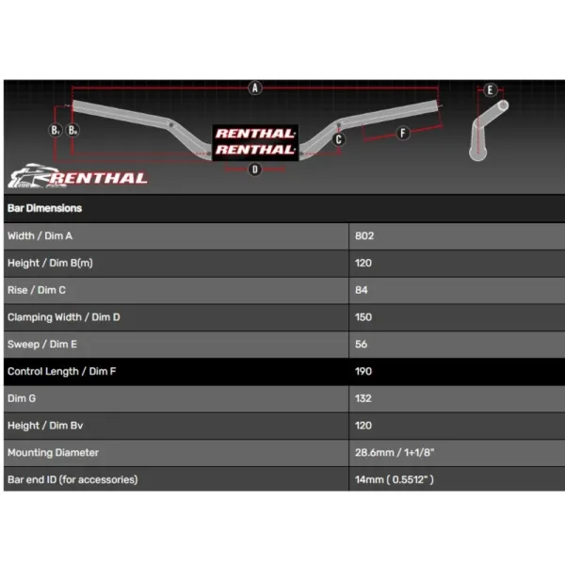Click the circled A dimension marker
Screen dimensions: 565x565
[x=255, y=88]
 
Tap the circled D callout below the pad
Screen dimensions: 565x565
[x=255, y=169]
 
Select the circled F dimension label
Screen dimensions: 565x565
[x=402, y=133]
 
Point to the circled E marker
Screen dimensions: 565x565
[x=490, y=89]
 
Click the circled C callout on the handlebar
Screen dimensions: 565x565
[x=338, y=139]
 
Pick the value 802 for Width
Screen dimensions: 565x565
[x=364, y=236]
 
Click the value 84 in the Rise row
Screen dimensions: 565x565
[x=362, y=290]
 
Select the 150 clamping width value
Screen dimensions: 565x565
[x=363, y=317]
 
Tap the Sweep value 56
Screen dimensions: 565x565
[x=361, y=344]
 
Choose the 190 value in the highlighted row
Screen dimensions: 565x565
[x=363, y=371]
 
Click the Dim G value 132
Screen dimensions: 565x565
[x=363, y=398]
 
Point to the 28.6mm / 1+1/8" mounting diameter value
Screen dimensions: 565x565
[x=395, y=453]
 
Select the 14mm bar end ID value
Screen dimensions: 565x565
[x=395, y=479]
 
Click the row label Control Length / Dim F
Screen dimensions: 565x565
[x=61, y=372]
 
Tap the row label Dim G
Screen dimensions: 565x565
[x=22, y=398]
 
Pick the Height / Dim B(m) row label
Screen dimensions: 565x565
[x=50, y=263]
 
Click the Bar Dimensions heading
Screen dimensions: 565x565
[x=44, y=208]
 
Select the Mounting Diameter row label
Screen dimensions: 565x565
[x=53, y=453]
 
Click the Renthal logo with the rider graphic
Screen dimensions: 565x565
[x=77, y=176]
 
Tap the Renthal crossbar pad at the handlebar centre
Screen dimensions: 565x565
[x=255, y=142]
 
